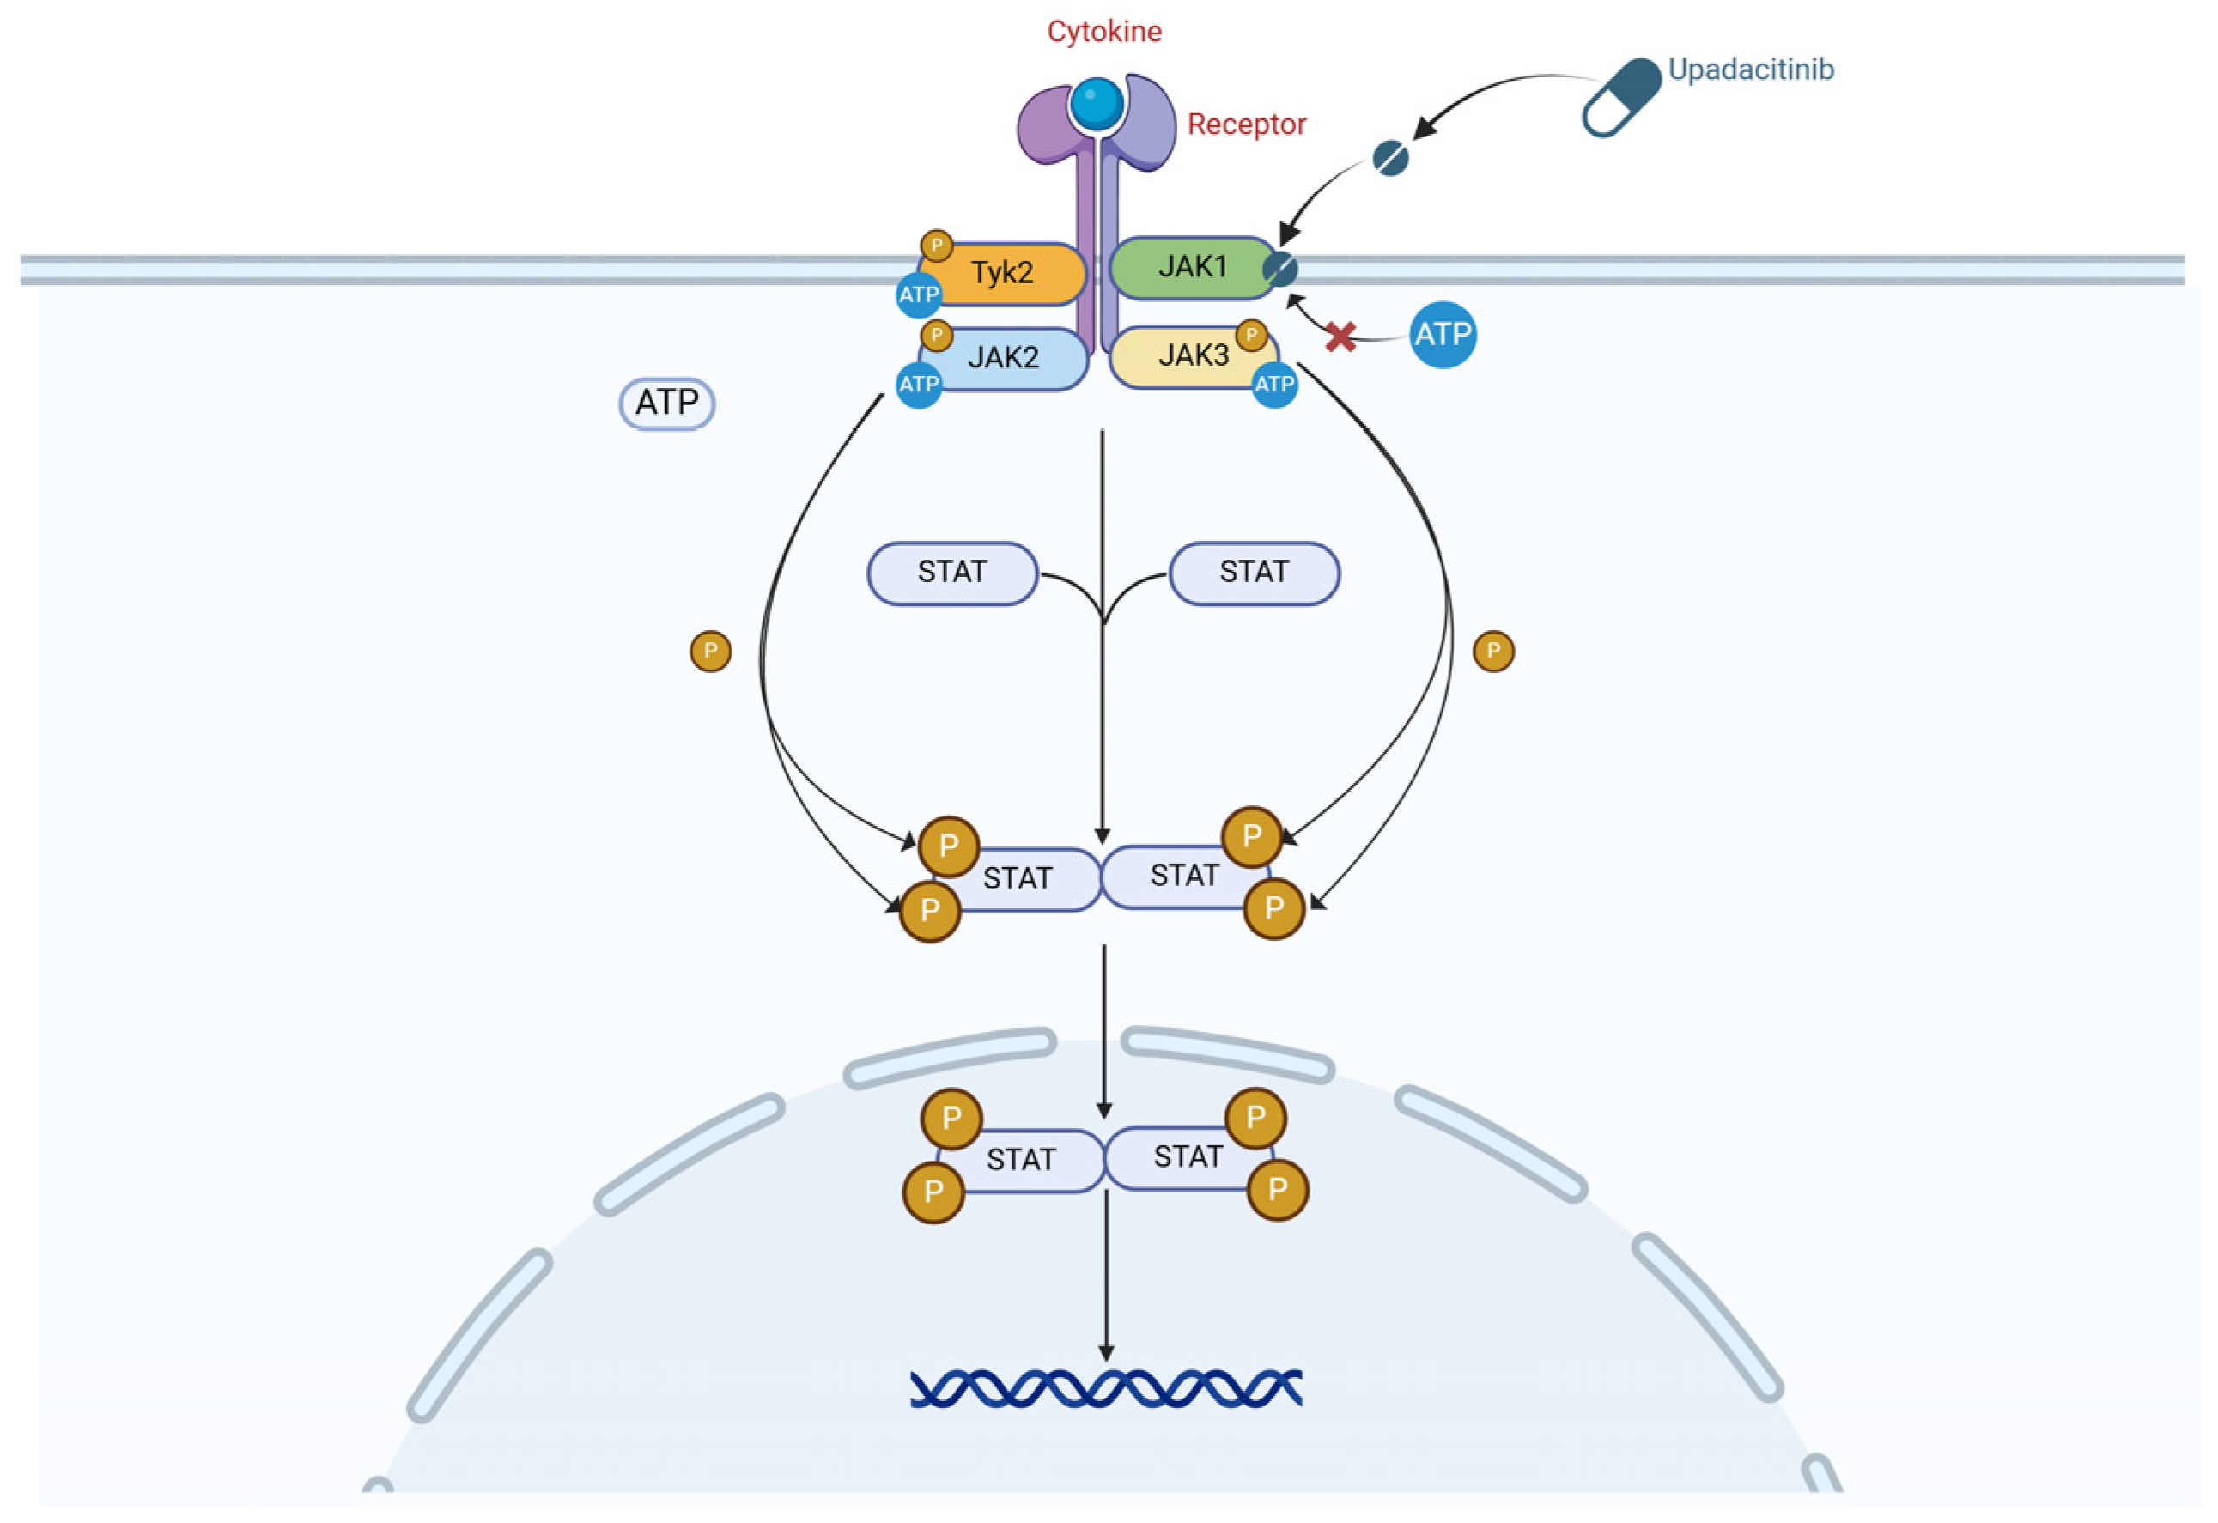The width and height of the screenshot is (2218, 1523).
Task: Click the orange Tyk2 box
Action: point(1002,274)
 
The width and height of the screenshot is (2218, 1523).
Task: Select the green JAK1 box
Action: point(1191,266)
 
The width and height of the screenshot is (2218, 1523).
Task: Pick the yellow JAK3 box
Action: point(1193,356)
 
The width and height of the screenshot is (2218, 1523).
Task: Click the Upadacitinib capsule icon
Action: point(1621,97)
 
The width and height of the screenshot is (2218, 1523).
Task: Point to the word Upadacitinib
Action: point(1750,70)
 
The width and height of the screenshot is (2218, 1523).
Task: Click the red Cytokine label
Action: point(1104,32)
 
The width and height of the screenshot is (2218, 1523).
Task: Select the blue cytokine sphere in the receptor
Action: point(1097,104)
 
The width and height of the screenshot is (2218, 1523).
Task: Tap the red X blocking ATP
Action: point(1341,336)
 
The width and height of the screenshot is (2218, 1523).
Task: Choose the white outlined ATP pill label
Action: point(667,403)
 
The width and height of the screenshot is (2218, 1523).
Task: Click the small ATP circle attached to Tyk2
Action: point(918,294)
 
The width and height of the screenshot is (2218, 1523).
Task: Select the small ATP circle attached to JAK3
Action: point(1274,385)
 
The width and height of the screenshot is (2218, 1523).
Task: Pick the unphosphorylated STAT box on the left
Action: point(951,573)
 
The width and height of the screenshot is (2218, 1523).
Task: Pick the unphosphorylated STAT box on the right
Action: point(1254,573)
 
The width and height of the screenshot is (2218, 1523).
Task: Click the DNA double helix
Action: point(1106,1388)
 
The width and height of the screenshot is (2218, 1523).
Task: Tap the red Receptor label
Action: point(1245,125)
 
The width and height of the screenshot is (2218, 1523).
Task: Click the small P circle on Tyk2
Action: point(936,246)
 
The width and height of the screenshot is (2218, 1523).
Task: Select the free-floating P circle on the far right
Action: point(1493,651)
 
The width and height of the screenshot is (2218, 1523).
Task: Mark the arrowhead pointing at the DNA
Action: point(1106,1353)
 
